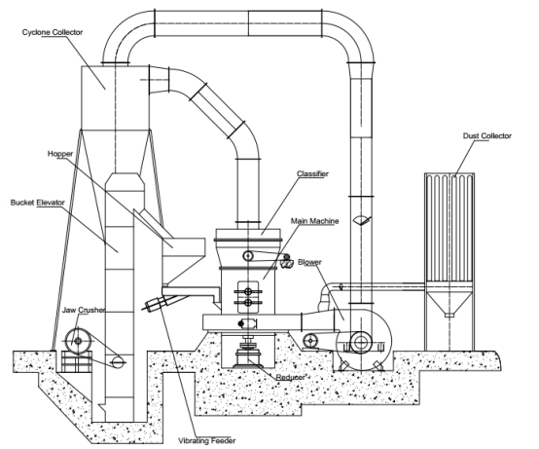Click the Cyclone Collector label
pos(53,32)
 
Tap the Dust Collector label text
pos(487,136)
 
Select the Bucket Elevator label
pos(38,203)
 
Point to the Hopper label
pos(60,154)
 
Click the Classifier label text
pos(312,173)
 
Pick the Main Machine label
pos(314,221)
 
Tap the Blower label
pos(309,262)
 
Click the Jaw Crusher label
pos(84,310)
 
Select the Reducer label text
pos(291,378)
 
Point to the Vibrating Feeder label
pos(207,441)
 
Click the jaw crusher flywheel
pos(79,341)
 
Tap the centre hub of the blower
pos(361,342)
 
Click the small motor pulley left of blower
pos(310,341)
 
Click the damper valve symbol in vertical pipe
pos(362,220)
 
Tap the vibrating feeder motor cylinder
pos(154,304)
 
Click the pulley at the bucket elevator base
pos(118,362)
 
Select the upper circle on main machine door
pos(248,291)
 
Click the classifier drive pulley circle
pos(248,255)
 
